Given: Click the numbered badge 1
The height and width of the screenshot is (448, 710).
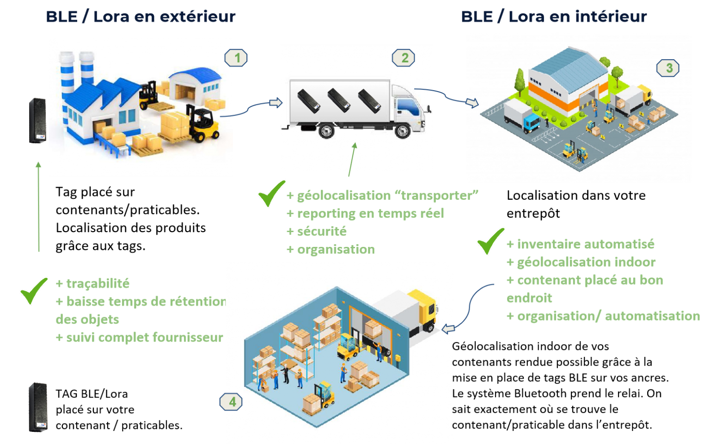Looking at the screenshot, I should click(x=236, y=58).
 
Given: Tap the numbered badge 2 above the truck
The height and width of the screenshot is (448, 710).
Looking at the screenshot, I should click(x=404, y=58).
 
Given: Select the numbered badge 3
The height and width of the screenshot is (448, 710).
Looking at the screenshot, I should click(x=668, y=68).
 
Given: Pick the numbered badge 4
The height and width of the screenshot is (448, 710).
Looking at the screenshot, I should click(x=231, y=402).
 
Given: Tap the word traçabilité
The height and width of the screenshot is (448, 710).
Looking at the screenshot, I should click(x=98, y=283).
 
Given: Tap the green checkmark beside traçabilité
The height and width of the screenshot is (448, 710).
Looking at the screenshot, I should click(x=34, y=290).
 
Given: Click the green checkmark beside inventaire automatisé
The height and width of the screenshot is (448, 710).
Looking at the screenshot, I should click(x=490, y=240).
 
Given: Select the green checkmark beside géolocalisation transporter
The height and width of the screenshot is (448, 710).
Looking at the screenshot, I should click(x=271, y=193).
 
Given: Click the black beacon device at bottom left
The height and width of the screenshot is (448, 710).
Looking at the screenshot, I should click(x=38, y=407).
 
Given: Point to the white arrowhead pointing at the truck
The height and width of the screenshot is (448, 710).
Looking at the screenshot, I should click(x=276, y=103).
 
